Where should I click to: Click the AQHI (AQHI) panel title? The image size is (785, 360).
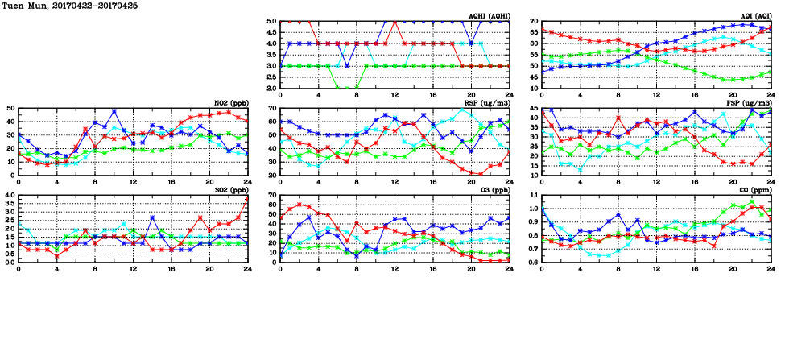click(488, 16)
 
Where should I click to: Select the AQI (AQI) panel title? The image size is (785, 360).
click(753, 16)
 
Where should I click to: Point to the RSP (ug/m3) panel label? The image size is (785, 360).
click(487, 103)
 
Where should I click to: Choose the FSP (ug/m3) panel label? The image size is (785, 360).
click(749, 103)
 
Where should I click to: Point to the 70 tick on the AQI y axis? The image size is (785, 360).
click(535, 22)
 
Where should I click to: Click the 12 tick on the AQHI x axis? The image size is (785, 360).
click(395, 96)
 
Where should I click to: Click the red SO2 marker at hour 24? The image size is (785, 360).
click(247, 198)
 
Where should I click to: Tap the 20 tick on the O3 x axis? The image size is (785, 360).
click(471, 269)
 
